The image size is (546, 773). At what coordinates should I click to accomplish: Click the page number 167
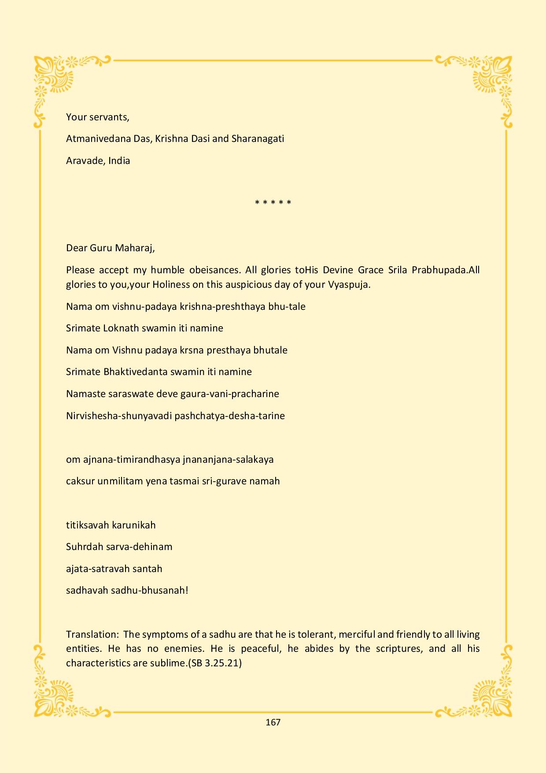(273, 722)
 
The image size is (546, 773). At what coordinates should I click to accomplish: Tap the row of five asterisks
(273, 203)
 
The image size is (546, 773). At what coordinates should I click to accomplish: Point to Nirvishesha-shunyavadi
(119, 416)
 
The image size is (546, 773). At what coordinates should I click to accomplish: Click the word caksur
(81, 481)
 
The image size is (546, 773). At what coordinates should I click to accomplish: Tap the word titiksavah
(87, 525)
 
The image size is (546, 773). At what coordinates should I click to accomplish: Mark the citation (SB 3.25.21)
(215, 663)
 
